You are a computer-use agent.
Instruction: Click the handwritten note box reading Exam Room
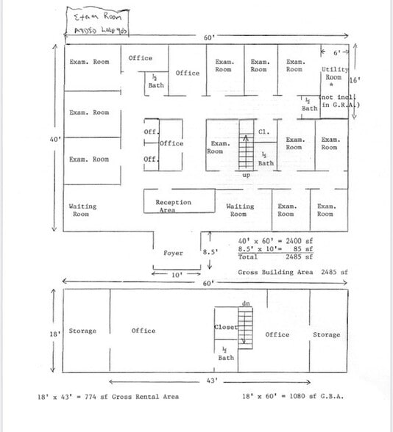click(x=99, y=21)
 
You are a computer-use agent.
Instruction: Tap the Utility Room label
click(x=334, y=73)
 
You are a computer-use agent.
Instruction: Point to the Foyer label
click(x=173, y=253)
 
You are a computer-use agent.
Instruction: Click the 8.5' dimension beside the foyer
click(x=211, y=253)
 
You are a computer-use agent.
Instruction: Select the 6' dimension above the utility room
click(x=337, y=52)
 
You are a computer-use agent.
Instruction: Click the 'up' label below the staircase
click(x=246, y=176)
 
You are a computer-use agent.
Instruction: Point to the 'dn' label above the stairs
click(x=246, y=303)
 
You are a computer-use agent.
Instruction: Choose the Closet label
click(x=225, y=327)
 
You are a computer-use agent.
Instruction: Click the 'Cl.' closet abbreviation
click(x=263, y=132)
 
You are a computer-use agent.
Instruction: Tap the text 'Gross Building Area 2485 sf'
click(x=292, y=272)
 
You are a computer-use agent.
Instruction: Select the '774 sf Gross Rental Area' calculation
click(x=107, y=397)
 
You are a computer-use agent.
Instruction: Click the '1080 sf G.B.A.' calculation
click(x=294, y=397)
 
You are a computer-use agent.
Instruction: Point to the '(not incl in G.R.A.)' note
click(x=339, y=101)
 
